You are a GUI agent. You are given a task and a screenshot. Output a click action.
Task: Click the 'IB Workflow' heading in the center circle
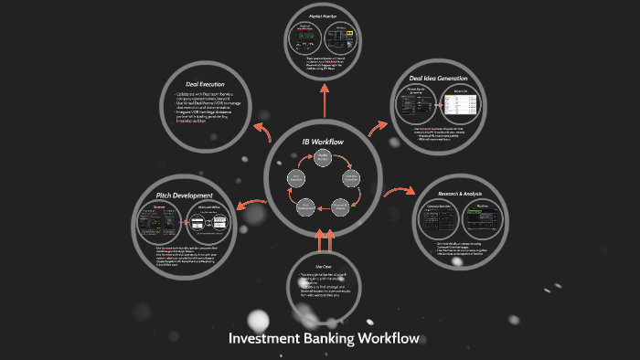[323, 142]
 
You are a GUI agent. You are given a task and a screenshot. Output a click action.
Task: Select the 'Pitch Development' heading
[185, 196]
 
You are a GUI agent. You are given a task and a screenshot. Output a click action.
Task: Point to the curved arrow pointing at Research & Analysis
[396, 193]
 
